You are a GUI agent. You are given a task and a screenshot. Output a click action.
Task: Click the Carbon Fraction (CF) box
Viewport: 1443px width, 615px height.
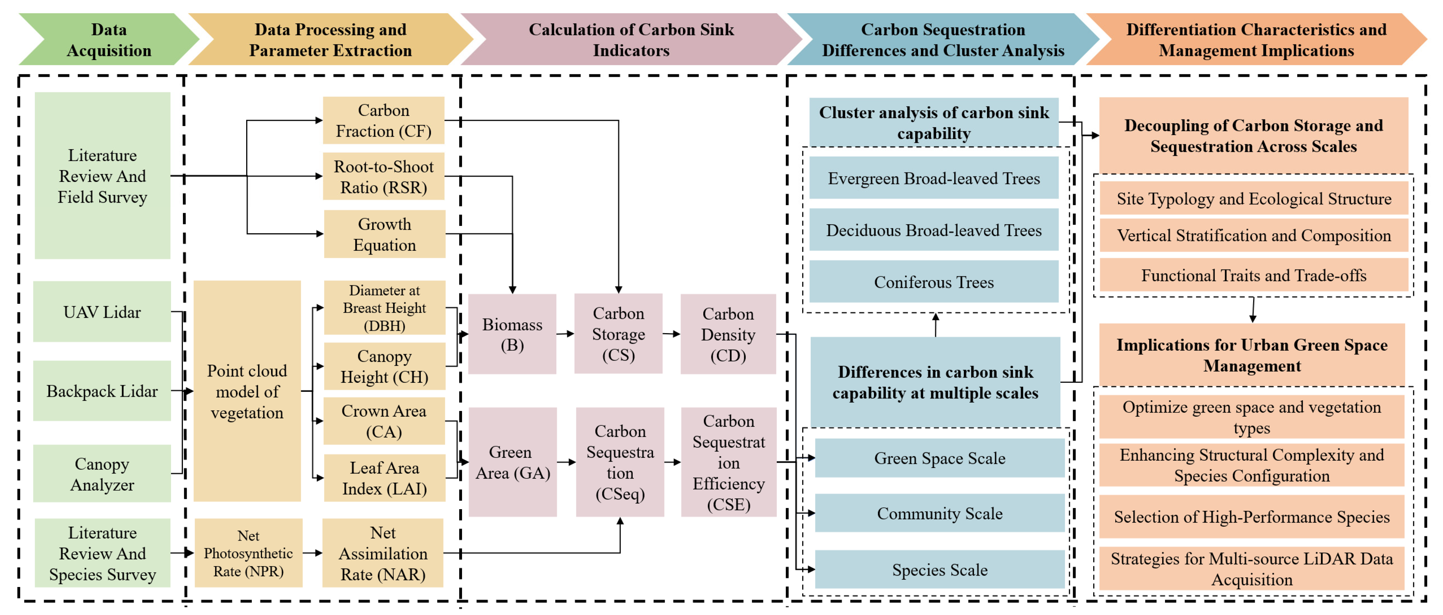pyautogui.click(x=383, y=120)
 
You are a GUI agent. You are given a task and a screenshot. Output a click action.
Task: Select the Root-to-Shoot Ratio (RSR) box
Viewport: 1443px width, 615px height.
pyautogui.click(x=383, y=176)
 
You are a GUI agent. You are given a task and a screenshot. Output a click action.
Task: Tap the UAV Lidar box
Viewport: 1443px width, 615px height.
pyautogui.click(x=102, y=312)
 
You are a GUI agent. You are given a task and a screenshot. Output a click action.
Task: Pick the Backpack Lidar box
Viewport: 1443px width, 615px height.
pyautogui.click(x=102, y=390)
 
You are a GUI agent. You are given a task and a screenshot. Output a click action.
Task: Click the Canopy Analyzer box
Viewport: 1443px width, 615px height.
pyautogui.click(x=102, y=474)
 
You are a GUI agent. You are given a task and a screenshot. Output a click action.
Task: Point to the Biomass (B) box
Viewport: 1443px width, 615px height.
pyautogui.click(x=512, y=334)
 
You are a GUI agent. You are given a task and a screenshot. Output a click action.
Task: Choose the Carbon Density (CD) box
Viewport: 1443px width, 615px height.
pyautogui.click(x=728, y=334)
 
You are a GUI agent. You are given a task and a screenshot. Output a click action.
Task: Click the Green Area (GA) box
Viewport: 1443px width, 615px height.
pyautogui.click(x=512, y=462)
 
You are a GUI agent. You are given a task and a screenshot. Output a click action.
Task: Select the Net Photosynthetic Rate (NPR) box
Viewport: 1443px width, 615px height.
pyautogui.click(x=248, y=553)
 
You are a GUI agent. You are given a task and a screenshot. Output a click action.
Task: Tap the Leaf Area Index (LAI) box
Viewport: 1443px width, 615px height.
pyautogui.click(x=384, y=478)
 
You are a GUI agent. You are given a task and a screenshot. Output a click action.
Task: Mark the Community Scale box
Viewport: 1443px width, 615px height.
pyautogui.click(x=939, y=513)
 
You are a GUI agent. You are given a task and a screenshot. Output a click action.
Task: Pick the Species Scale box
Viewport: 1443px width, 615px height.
pyautogui.click(x=939, y=570)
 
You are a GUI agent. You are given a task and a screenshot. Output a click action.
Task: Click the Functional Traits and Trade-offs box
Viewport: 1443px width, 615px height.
pyautogui.click(x=1254, y=275)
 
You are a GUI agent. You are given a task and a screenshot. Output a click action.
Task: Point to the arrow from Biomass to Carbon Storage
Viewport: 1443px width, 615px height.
pyautogui.click(x=565, y=334)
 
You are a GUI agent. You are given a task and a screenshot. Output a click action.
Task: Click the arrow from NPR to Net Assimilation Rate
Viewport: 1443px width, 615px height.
pyautogui.click(x=313, y=553)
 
